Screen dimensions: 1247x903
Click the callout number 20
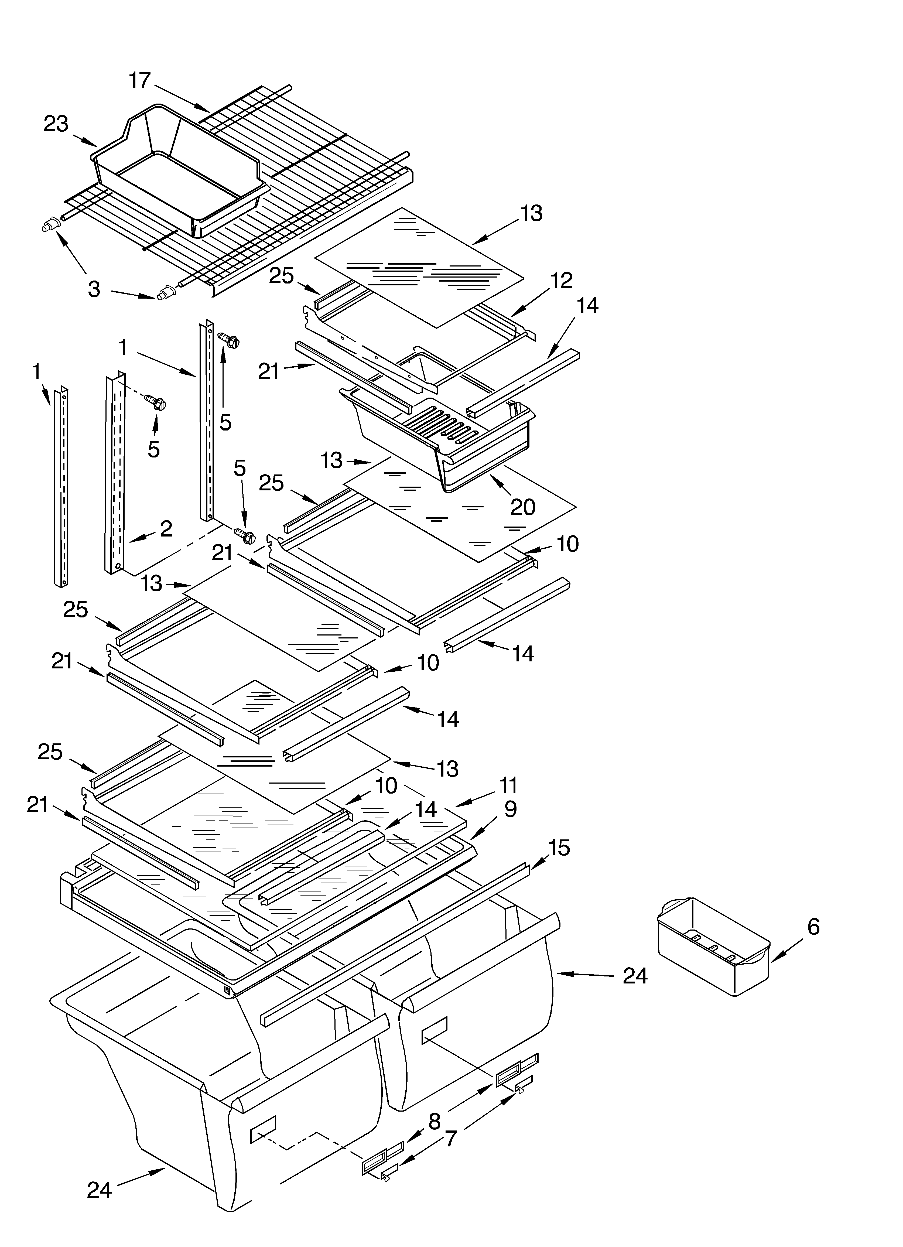[522, 506]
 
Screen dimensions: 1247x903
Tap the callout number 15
[558, 848]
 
